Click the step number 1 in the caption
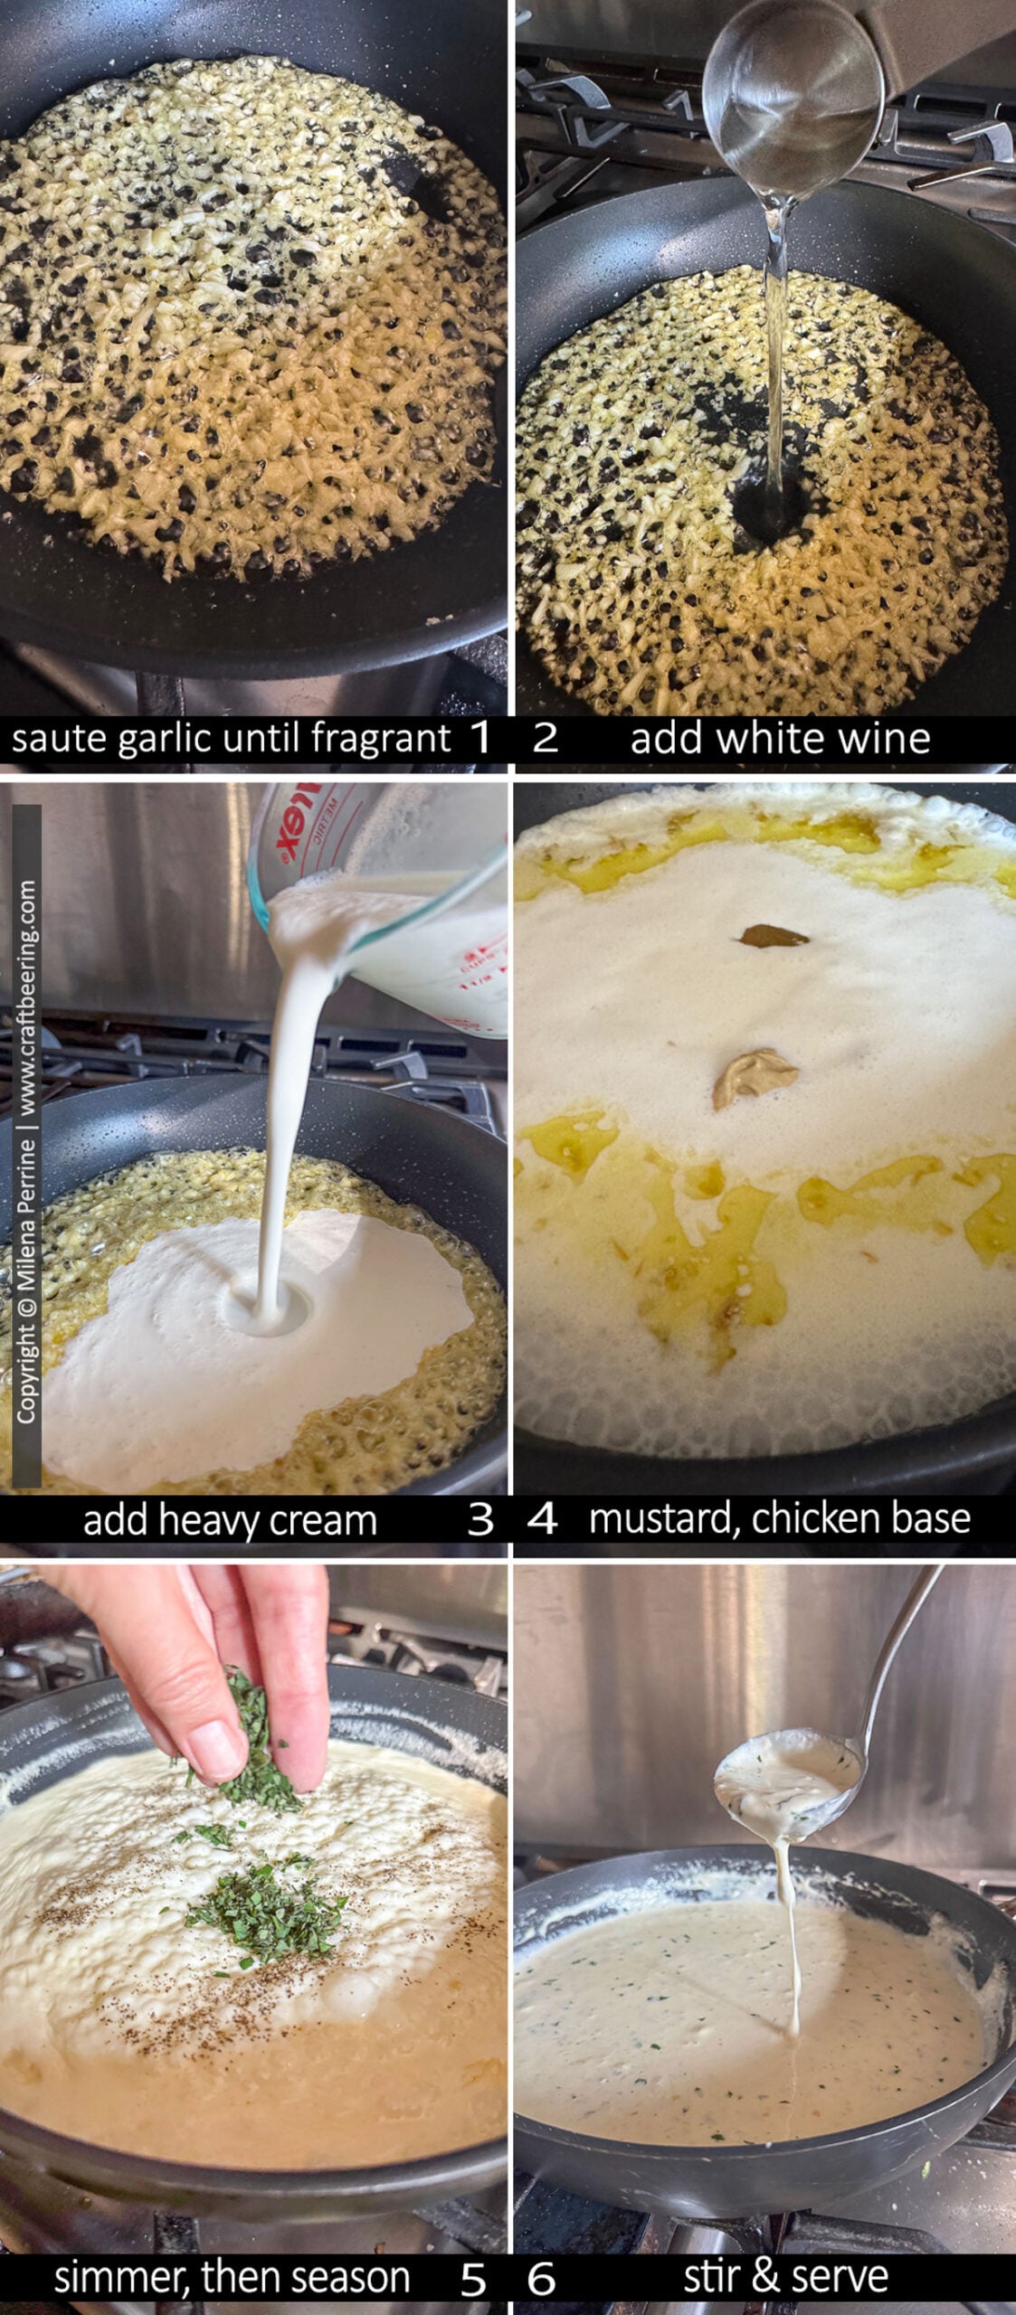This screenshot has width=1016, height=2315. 480,737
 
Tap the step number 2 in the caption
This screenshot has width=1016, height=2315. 545,737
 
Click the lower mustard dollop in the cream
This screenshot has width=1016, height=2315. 755,1078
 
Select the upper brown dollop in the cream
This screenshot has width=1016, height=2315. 774,935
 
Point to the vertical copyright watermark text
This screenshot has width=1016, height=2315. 27,1150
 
